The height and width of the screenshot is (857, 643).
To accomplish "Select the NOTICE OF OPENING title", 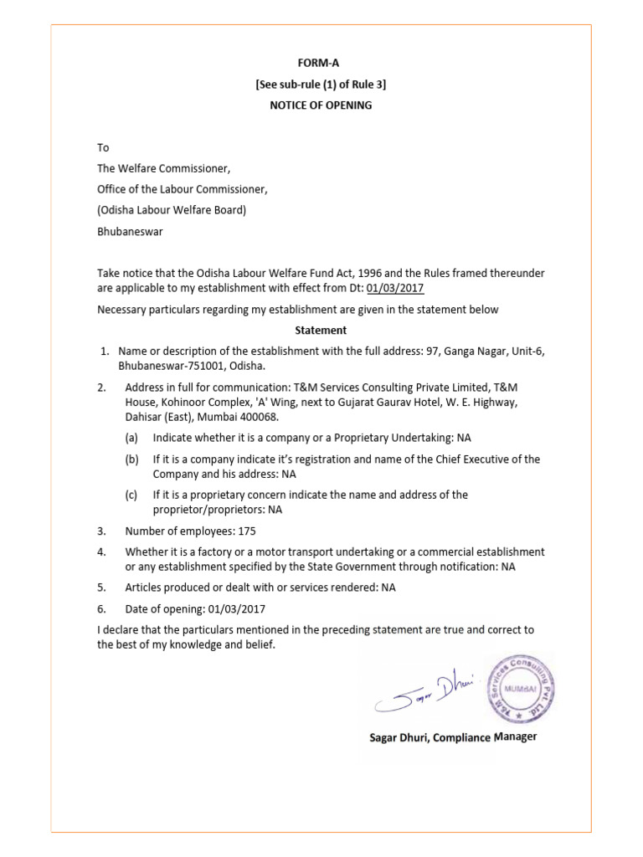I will tap(320, 105).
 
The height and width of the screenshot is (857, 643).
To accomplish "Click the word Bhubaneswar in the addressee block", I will tap(130, 232).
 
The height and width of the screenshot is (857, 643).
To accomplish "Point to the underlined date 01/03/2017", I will tap(395, 289).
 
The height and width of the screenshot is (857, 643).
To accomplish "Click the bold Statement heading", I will tap(320, 331).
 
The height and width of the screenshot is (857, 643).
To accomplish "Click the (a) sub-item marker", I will tap(131, 438).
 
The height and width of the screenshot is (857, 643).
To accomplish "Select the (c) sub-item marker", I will tap(131, 495).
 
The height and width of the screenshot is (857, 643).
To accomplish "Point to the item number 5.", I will tap(100, 588).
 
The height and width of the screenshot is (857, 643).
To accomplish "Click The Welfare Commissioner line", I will tap(163, 168).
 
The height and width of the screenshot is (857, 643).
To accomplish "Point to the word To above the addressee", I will tap(104, 147).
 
